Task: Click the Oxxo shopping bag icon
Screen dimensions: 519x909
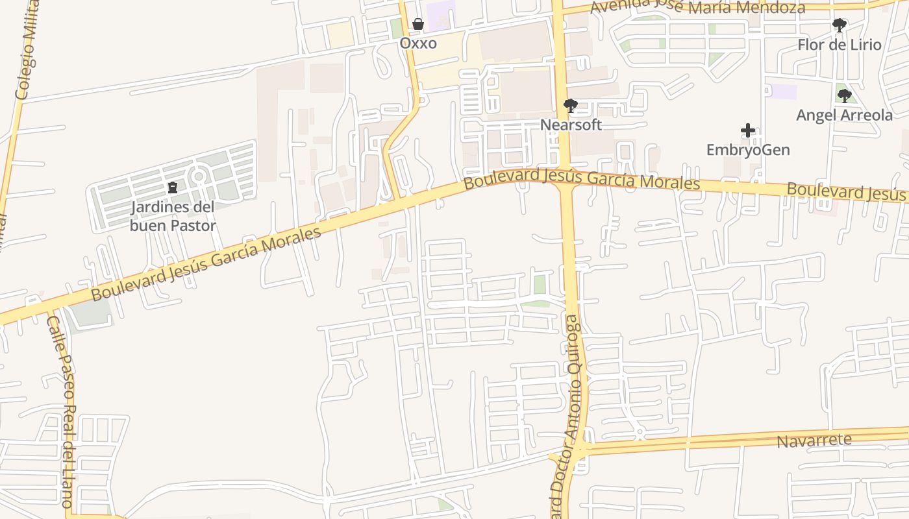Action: click(418, 25)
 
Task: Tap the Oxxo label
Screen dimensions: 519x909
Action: click(418, 43)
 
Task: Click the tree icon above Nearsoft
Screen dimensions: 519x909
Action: click(571, 105)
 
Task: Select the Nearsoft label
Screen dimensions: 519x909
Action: click(571, 125)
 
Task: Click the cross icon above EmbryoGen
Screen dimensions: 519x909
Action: click(748, 130)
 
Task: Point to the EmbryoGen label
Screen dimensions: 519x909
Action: click(748, 150)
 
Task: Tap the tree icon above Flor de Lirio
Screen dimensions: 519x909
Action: click(840, 25)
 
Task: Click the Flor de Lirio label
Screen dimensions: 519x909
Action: click(840, 45)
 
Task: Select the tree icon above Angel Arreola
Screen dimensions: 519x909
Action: click(844, 96)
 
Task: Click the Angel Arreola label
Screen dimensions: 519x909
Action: click(844, 115)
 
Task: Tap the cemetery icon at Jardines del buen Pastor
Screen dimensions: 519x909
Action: click(173, 188)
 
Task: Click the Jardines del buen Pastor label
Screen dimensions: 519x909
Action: click(173, 216)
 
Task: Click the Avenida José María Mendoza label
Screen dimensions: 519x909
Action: click(698, 7)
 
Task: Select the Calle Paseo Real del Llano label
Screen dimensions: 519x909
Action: click(62, 412)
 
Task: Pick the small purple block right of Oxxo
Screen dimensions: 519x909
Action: click(442, 14)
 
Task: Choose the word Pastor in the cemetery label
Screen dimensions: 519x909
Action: click(193, 226)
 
